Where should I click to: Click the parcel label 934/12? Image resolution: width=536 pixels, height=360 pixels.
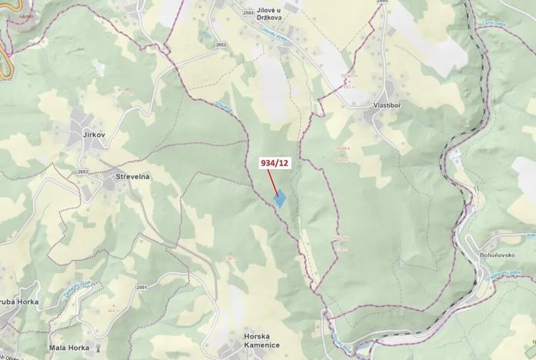[275, 162]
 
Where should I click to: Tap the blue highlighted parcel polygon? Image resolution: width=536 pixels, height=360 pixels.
[281, 198]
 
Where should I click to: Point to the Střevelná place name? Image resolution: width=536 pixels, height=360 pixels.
[132, 176]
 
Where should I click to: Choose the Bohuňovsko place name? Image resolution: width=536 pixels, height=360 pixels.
[508, 254]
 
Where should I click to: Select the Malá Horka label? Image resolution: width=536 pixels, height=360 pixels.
[68, 348]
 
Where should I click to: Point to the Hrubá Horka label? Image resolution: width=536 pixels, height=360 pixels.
[17, 302]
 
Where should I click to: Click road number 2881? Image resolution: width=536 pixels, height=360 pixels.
[141, 287]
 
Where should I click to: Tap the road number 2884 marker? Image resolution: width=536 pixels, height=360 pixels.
[248, 13]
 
